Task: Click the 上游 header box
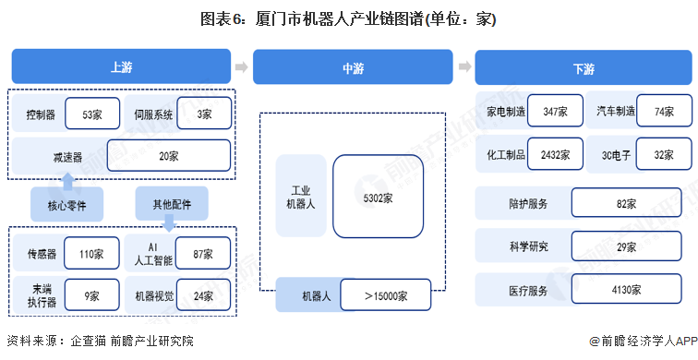pyautogui.click(x=120, y=67)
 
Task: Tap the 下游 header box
pyautogui.click(x=583, y=67)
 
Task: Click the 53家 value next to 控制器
pyautogui.click(x=91, y=115)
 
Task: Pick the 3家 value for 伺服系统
pyautogui.click(x=204, y=114)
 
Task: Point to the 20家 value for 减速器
pyautogui.click(x=168, y=156)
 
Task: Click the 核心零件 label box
pyautogui.click(x=66, y=203)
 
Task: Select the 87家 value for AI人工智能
pyautogui.click(x=204, y=253)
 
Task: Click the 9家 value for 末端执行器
pyautogui.click(x=93, y=296)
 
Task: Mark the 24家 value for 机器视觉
pyautogui.click(x=204, y=296)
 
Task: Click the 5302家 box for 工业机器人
pyautogui.click(x=378, y=197)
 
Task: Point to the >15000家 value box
pyautogui.click(x=385, y=296)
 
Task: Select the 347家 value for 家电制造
pyautogui.click(x=556, y=111)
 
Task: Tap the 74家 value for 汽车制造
pyautogui.click(x=664, y=111)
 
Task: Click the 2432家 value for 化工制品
pyautogui.click(x=556, y=154)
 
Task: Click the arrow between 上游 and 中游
pyautogui.click(x=241, y=67)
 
